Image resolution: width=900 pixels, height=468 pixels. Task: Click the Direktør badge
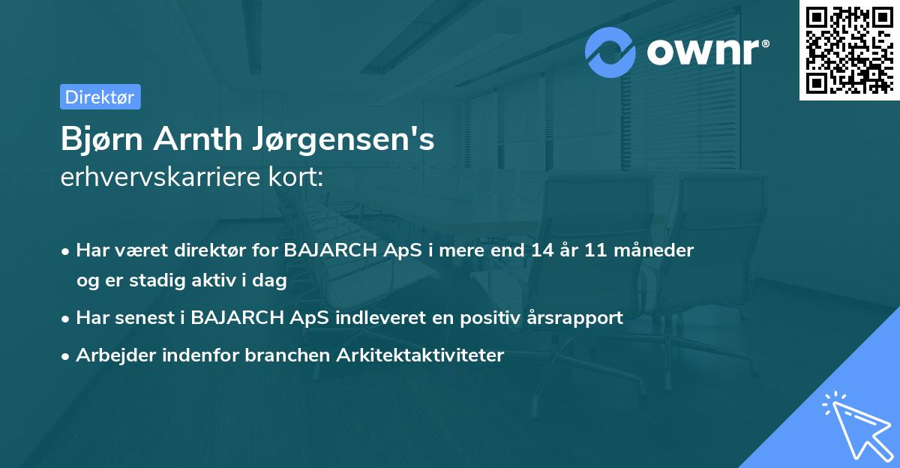point(100,97)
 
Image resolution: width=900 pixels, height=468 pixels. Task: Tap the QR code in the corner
point(849,49)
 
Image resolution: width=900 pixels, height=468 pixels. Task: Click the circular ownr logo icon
point(610,52)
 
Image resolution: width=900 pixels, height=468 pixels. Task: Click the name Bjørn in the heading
point(101,139)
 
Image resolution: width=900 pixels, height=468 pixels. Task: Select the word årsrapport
point(578,317)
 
